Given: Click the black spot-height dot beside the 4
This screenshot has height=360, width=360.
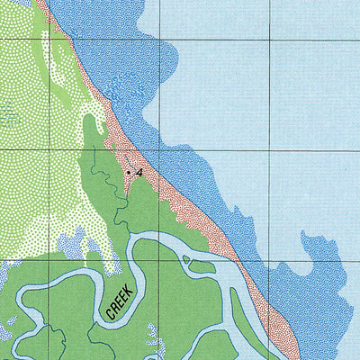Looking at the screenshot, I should (129, 171).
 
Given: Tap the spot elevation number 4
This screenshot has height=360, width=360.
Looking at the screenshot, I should (139, 170).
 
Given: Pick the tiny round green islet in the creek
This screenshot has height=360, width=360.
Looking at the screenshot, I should (186, 260).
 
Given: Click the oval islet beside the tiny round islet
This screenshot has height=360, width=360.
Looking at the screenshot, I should (202, 265).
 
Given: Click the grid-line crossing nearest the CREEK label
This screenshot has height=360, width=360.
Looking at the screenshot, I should (159, 260).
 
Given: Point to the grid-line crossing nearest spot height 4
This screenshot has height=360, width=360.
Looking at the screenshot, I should (159, 148).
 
